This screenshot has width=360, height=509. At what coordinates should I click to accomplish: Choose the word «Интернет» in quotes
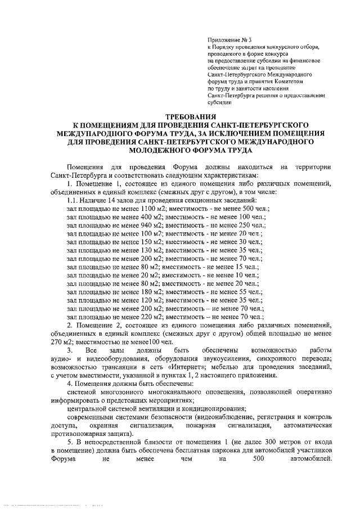(x=182, y=367)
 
